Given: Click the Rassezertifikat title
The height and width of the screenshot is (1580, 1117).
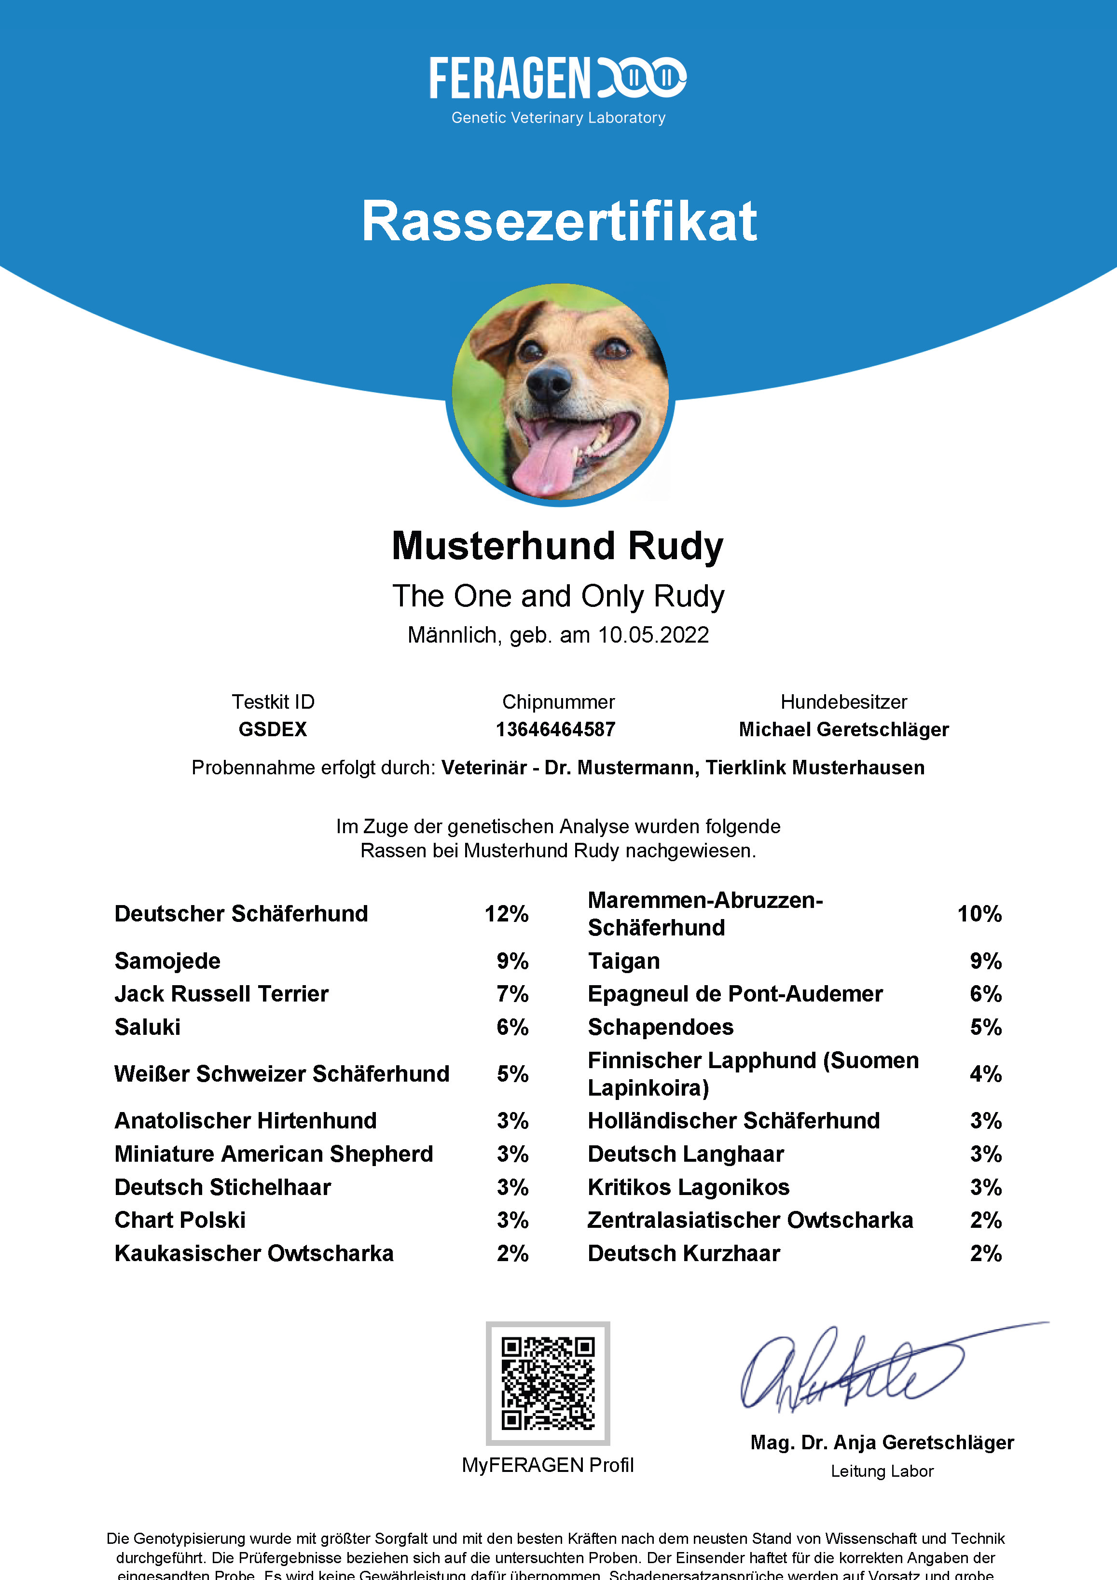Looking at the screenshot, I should (559, 221).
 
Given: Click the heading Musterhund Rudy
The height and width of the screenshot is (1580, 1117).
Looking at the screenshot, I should (557, 546).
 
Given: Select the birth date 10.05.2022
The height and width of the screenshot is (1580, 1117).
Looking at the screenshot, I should (653, 634).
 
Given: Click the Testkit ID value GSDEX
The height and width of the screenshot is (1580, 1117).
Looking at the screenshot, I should (273, 729).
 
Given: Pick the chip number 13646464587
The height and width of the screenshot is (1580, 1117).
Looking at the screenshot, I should (555, 729).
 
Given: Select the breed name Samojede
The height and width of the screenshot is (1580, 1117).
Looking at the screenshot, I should (167, 961).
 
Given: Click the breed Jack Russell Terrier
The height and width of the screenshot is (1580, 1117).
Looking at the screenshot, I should (221, 994).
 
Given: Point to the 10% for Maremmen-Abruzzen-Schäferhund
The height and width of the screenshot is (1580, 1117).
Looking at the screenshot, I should (979, 914).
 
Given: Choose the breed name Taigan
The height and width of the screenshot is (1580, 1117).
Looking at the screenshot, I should (623, 961).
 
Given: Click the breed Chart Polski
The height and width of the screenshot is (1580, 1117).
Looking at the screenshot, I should (179, 1220).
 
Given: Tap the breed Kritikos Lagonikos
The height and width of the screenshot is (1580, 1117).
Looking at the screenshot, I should (688, 1187).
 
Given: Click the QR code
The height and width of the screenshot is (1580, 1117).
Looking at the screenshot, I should (548, 1383).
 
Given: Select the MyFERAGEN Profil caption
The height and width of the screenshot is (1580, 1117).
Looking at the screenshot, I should (548, 1465).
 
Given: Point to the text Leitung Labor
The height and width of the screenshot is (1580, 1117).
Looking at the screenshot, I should (882, 1471).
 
